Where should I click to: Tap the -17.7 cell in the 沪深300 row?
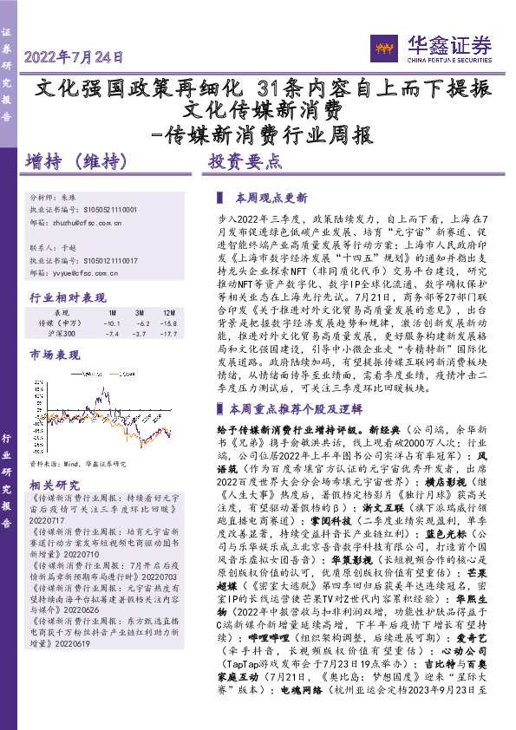coord(167,333)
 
